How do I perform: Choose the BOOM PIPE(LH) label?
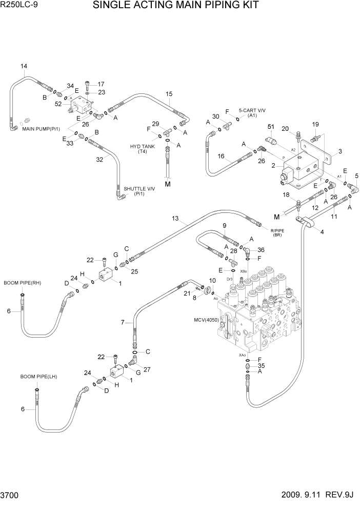click(38, 377)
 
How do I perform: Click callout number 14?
click(24, 66)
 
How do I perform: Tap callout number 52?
click(58, 104)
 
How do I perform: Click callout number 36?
click(261, 250)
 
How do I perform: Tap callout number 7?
click(123, 322)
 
